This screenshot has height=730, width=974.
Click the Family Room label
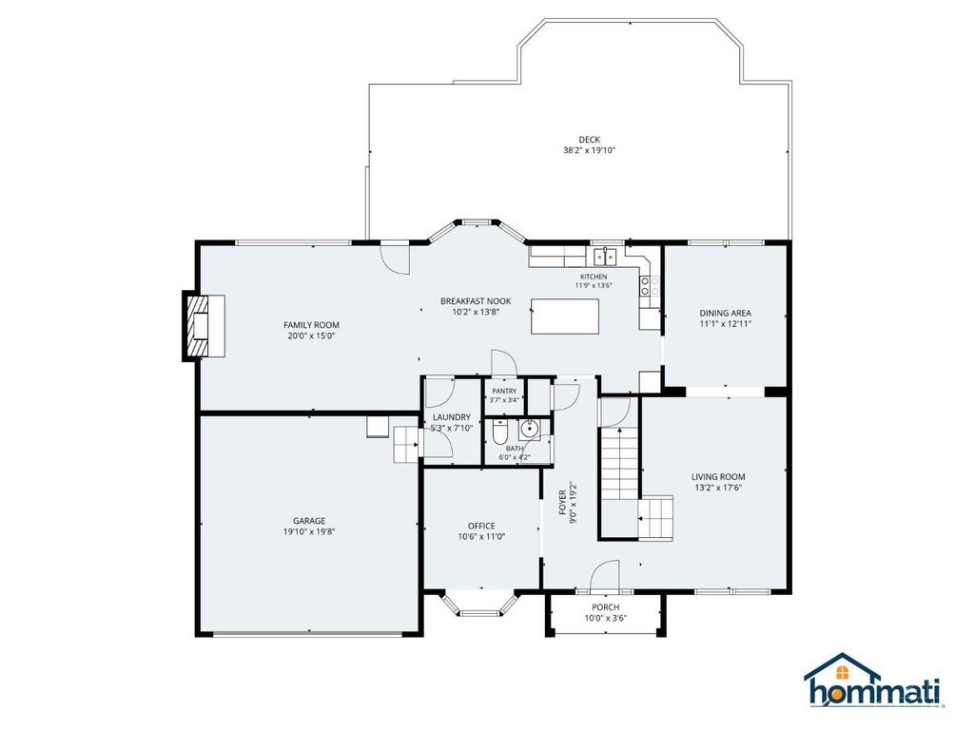point(311,325)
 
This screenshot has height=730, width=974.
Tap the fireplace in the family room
point(204,326)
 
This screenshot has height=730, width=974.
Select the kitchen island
point(565,317)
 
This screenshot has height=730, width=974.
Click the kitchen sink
point(604,256)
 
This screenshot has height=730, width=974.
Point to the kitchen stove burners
point(650,285)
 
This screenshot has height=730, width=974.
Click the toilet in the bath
point(499,432)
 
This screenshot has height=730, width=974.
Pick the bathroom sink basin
point(529,429)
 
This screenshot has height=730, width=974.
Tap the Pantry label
point(504,391)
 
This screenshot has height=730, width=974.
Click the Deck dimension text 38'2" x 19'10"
point(589,150)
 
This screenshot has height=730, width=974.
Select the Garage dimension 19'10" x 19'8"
point(309,531)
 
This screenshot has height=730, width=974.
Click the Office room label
point(481,526)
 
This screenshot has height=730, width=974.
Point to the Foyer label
point(562,503)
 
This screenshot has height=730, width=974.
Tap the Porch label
point(605,607)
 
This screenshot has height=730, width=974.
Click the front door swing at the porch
point(604,574)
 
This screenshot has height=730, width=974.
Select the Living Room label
point(718,477)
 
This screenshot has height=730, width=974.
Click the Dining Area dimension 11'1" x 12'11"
point(726,323)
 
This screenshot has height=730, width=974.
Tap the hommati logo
point(874,681)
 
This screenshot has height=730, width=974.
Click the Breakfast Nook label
point(476,301)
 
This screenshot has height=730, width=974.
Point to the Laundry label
point(452,417)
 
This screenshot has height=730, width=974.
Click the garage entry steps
point(406,444)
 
